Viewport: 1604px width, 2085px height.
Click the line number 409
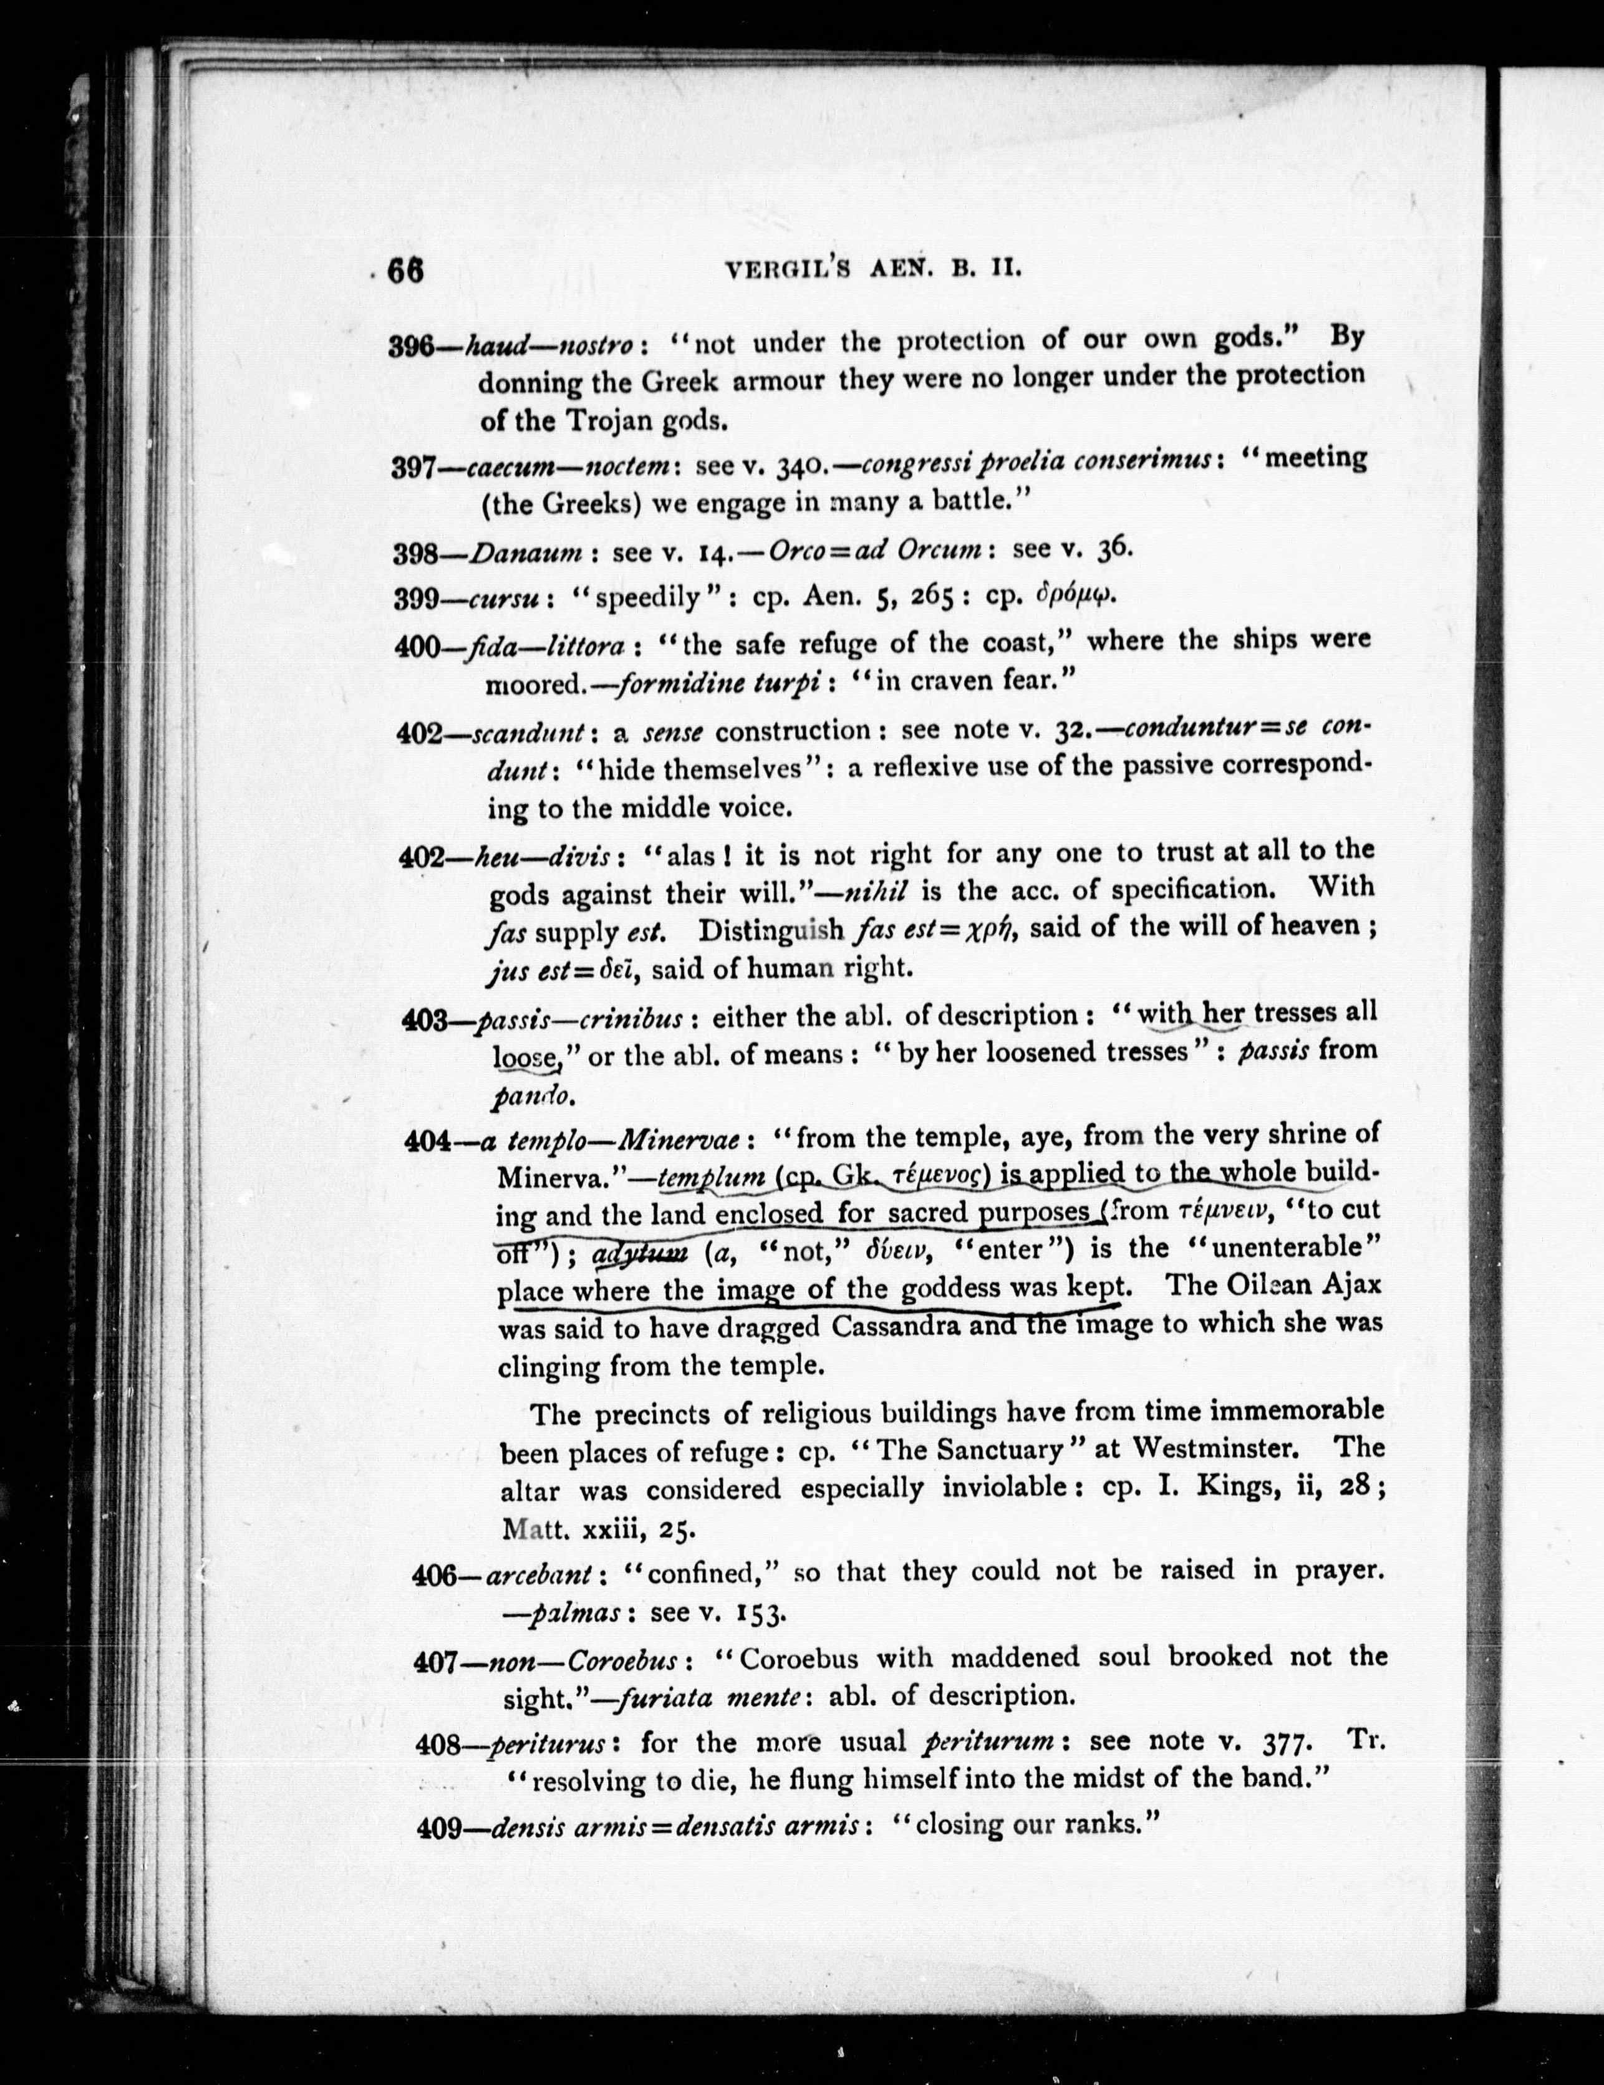tap(440, 1827)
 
